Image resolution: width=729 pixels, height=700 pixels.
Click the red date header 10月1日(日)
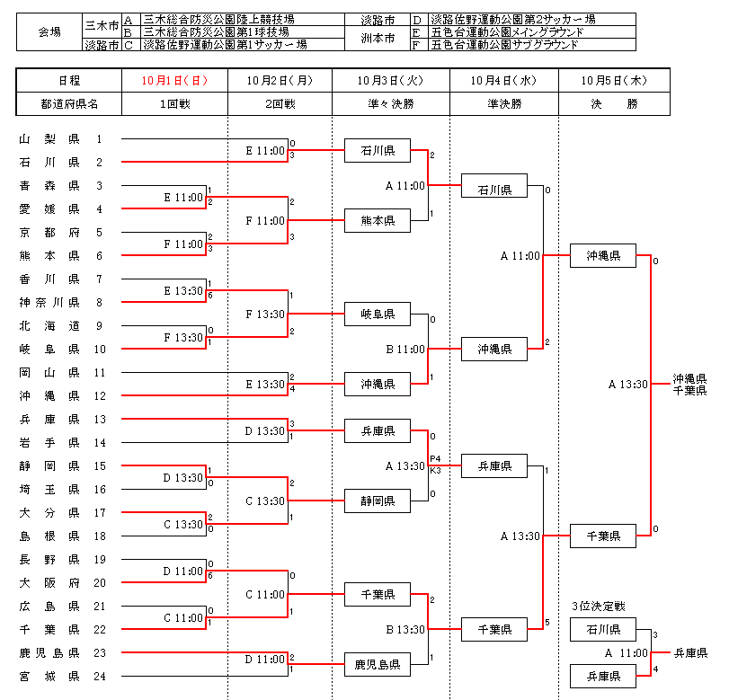(x=174, y=80)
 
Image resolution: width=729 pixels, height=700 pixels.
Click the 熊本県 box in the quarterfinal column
(x=377, y=219)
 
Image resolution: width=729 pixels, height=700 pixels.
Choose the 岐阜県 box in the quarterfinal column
(x=377, y=314)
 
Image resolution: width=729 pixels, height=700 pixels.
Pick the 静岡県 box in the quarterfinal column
(x=377, y=501)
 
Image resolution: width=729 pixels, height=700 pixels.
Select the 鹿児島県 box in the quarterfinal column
(x=377, y=665)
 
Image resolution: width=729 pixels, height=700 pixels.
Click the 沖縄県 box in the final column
(x=602, y=255)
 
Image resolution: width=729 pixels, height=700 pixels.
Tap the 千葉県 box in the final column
(x=602, y=536)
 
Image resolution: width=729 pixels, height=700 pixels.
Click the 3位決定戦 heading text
(x=597, y=605)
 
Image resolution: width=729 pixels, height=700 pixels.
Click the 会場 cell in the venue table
(x=49, y=31)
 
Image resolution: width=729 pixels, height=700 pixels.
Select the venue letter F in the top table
(x=416, y=44)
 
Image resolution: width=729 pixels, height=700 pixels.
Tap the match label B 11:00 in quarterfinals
(x=405, y=349)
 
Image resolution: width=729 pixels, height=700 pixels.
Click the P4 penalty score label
(x=435, y=458)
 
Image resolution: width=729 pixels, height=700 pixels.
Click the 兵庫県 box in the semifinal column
(x=493, y=465)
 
